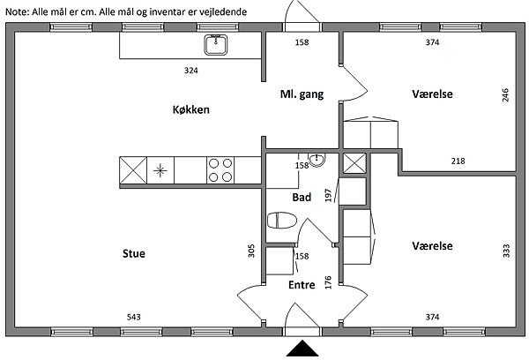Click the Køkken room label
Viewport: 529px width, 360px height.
coord(191,110)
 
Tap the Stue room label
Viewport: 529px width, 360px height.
coord(134,254)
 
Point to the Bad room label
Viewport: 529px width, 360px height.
coord(301,198)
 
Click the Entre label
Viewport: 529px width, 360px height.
coord(302,285)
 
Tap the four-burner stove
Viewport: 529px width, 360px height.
coord(220,169)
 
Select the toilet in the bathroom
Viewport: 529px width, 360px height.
coord(281,220)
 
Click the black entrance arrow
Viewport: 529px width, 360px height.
coord(302,350)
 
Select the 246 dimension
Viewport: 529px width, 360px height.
coord(505,95)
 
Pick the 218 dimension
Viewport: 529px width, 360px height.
coord(458,161)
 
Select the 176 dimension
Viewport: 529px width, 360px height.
coord(328,282)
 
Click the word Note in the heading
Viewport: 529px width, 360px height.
coord(17,11)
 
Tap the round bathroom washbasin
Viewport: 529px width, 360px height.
coord(319,161)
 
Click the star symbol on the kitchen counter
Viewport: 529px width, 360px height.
coord(160,169)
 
